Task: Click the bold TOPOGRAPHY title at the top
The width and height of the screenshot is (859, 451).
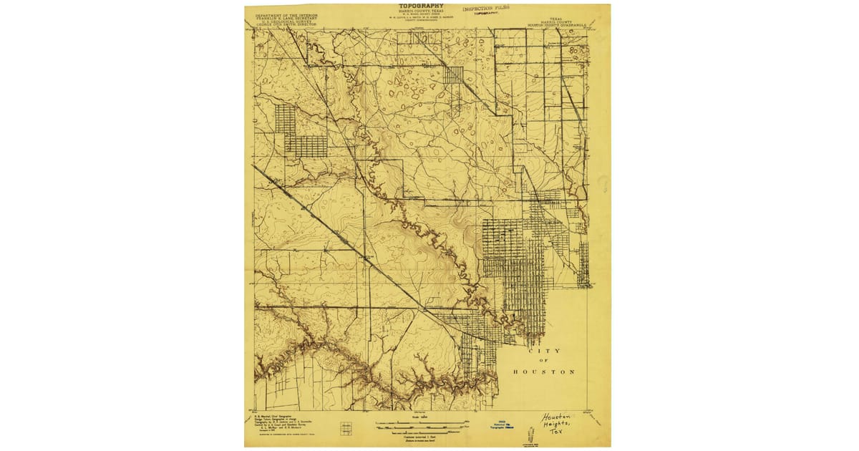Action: pyautogui.click(x=421, y=6)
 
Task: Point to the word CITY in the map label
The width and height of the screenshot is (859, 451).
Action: pyautogui.click(x=543, y=351)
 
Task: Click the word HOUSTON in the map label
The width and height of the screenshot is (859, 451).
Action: pyautogui.click(x=543, y=372)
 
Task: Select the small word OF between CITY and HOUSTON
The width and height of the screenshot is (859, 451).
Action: pyautogui.click(x=543, y=361)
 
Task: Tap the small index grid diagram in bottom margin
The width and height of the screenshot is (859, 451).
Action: pyautogui.click(x=346, y=427)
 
